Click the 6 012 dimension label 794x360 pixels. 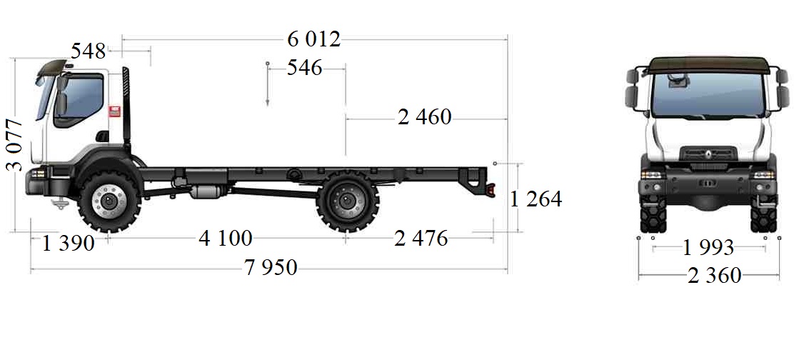click(314, 39)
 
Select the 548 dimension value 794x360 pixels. click(88, 51)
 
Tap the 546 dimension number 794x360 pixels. click(304, 67)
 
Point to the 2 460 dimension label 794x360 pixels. click(424, 117)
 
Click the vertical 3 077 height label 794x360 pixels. click(15, 145)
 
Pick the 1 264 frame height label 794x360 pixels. click(536, 199)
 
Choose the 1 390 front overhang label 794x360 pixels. click(68, 244)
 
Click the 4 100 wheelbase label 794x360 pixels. click(226, 238)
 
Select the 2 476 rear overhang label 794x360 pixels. click(421, 238)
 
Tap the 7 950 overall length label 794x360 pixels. click(271, 267)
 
